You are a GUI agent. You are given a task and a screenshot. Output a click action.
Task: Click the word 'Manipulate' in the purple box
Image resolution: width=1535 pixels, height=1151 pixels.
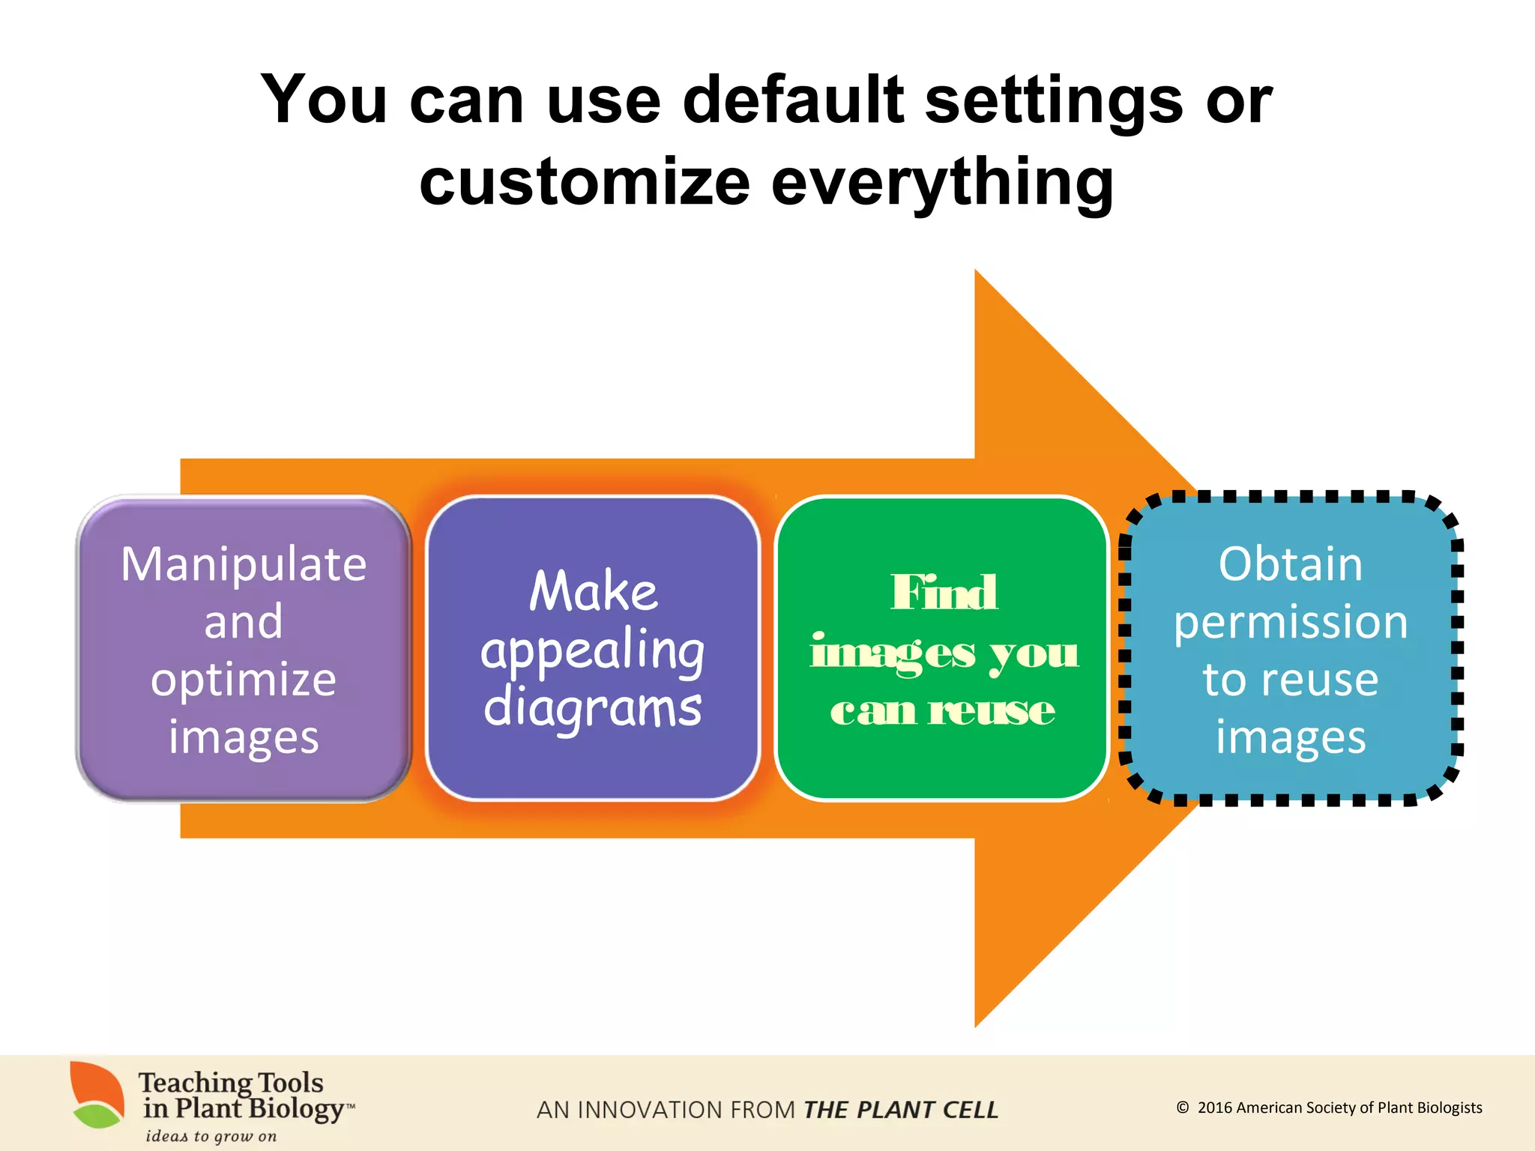point(244,564)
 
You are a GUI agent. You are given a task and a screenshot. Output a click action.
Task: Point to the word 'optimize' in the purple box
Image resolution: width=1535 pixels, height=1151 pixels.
point(244,680)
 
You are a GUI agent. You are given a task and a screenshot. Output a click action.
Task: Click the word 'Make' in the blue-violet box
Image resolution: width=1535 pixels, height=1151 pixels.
point(594,591)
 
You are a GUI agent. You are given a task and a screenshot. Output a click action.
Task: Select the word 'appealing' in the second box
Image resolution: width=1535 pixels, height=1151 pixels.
point(593,650)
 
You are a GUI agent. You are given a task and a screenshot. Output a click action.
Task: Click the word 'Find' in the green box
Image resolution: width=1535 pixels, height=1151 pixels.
point(944,593)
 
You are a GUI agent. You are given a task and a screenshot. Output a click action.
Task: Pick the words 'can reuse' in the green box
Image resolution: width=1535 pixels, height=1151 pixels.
point(943,710)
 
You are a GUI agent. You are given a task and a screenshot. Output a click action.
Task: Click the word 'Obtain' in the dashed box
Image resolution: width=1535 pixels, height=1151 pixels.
point(1290,564)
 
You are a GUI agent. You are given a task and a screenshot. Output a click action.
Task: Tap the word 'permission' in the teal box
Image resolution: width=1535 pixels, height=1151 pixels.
point(1291,622)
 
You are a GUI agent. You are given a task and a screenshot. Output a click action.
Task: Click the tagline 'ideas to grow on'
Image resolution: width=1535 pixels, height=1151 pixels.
point(211,1136)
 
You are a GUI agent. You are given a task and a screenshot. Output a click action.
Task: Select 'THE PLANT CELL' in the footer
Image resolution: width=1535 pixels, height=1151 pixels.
point(900,1110)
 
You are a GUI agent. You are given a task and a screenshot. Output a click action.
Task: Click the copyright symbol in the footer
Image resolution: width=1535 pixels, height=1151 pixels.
point(1183,1108)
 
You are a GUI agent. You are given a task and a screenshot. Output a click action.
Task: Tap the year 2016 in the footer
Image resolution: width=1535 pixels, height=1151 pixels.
point(1214,1108)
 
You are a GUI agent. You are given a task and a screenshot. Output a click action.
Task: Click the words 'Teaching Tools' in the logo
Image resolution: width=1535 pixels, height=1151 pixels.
point(231,1083)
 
